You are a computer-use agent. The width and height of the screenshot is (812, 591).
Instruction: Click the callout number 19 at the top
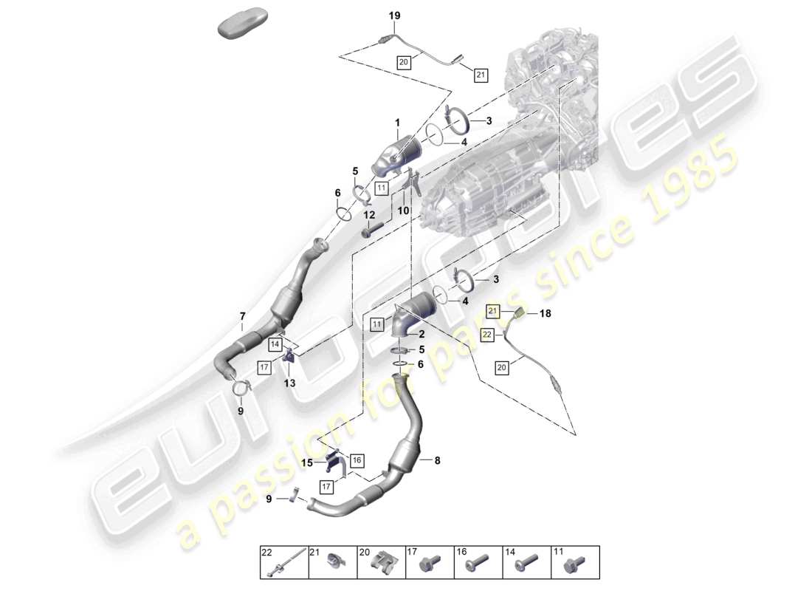394,16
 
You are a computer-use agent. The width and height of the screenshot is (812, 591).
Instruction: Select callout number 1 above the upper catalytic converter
396,123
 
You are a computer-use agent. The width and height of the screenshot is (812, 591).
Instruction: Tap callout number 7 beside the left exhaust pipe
242,317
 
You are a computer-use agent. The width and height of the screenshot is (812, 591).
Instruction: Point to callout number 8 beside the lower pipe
437,460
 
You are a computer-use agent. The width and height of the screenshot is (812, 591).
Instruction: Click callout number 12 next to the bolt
368,214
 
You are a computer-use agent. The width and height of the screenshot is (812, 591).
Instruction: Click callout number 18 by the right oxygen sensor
545,313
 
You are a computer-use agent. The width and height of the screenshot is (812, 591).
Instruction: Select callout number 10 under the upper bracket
404,211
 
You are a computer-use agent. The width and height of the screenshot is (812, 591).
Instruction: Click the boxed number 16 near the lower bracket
357,460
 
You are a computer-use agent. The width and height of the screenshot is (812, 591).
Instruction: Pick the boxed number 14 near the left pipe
275,344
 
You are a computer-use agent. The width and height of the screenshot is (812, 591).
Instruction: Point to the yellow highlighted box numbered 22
487,335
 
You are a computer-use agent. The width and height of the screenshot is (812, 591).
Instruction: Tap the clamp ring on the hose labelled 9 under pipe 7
241,386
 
